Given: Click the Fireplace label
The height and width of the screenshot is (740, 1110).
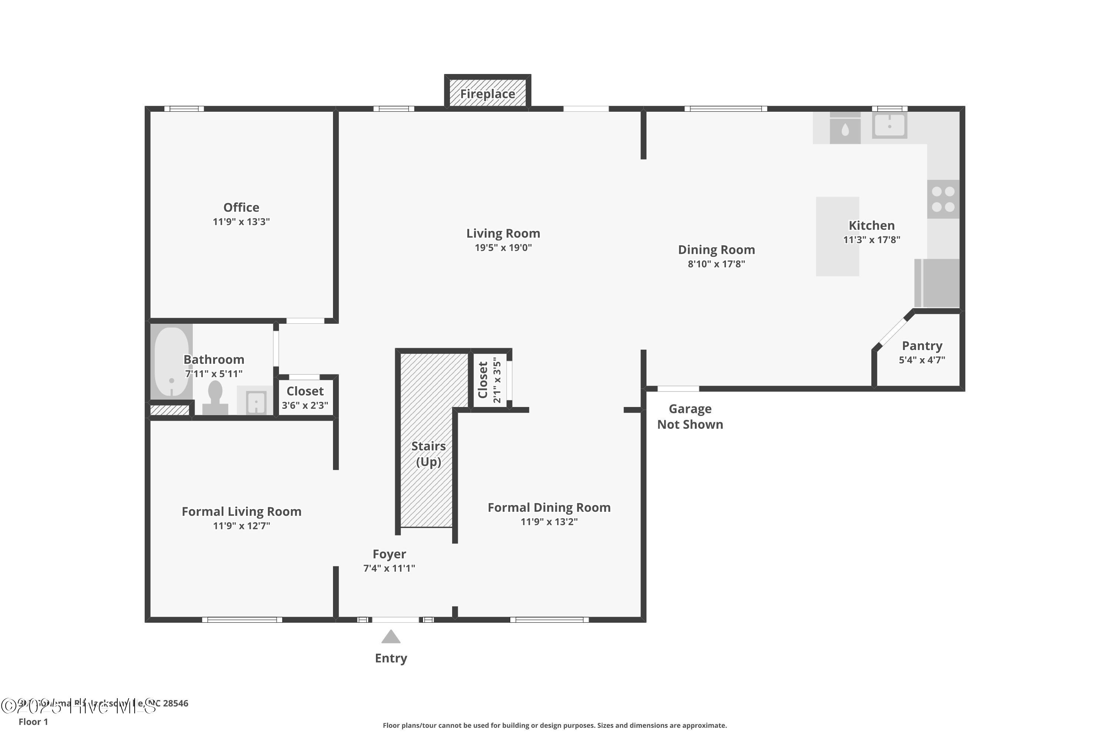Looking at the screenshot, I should [488, 94].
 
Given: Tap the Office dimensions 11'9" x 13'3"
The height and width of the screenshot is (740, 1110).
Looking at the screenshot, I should [241, 222].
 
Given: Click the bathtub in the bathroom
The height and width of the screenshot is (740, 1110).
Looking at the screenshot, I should [171, 361].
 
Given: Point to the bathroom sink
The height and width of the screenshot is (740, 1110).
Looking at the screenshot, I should [255, 401].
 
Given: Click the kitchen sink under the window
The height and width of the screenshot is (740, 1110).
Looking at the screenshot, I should [889, 125].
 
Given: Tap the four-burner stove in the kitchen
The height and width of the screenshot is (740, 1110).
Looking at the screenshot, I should [943, 199].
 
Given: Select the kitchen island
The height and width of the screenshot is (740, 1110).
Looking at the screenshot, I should [837, 236].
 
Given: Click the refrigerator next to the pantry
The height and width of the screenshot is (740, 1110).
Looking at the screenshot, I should [937, 283].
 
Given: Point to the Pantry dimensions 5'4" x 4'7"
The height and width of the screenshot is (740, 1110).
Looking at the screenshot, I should [922, 360].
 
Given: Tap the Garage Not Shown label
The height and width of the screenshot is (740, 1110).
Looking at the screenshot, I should [690, 417].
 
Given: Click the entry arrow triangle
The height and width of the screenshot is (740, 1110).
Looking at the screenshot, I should [391, 637].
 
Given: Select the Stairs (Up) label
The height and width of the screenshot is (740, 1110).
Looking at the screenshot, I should [428, 454].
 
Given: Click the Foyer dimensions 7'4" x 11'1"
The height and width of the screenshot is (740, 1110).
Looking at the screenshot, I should [389, 568].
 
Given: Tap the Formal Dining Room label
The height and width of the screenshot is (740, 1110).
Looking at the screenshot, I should [549, 508].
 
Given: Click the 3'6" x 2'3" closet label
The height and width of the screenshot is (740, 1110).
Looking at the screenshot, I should [305, 406].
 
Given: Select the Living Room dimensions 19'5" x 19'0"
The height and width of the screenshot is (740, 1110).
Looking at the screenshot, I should [503, 248].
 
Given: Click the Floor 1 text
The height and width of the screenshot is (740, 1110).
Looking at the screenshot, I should [33, 721].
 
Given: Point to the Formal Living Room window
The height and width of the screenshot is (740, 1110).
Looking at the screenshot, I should [242, 620].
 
